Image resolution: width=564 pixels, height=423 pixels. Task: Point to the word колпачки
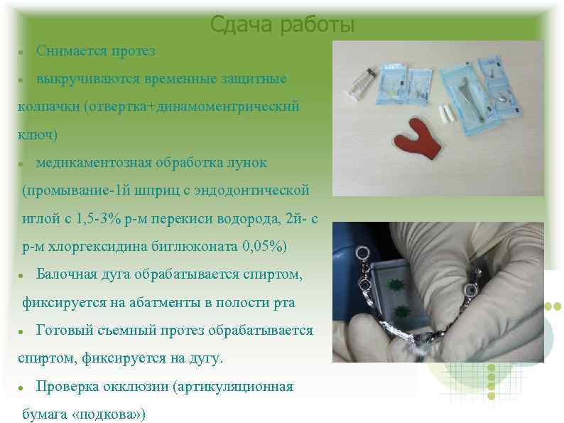[x=48, y=106]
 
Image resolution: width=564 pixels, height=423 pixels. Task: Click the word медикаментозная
[x=92, y=162]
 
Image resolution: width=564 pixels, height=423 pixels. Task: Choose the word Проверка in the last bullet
[x=67, y=387]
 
